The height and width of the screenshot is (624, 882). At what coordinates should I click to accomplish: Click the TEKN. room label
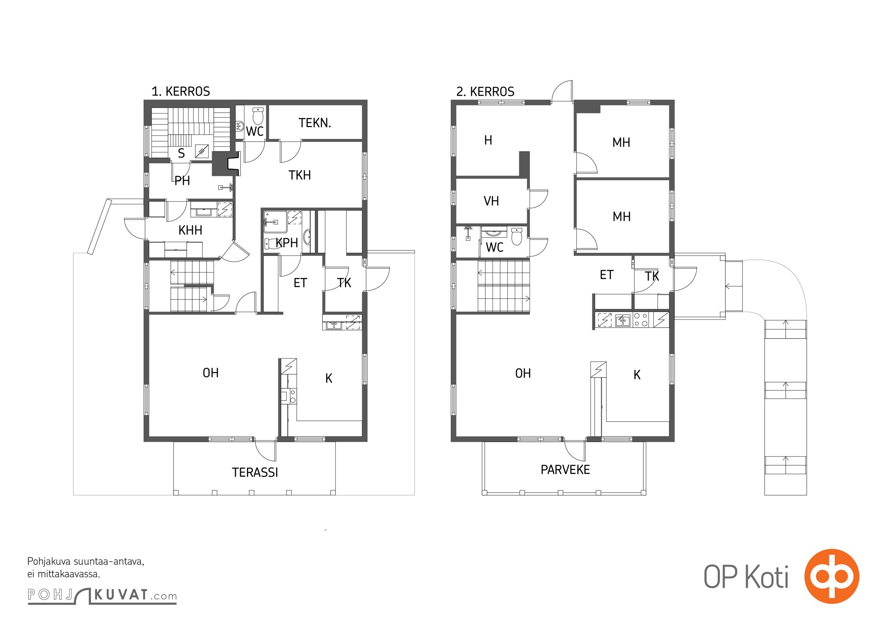[315, 123]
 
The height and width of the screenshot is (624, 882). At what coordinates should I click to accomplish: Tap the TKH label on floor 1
[299, 175]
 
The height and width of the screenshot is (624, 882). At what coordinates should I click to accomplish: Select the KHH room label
[190, 230]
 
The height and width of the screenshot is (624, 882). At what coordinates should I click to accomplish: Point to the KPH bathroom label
[287, 243]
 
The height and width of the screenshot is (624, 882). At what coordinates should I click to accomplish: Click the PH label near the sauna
[182, 181]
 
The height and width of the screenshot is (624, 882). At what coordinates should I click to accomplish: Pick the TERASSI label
[255, 472]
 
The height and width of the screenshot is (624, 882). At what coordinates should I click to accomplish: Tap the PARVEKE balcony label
[565, 470]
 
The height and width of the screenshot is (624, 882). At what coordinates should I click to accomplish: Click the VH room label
[491, 201]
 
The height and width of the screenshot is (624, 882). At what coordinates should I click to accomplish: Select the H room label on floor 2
[488, 140]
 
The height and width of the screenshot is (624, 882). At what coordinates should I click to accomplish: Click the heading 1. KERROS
[181, 91]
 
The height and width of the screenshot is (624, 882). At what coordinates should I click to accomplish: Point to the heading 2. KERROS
[485, 92]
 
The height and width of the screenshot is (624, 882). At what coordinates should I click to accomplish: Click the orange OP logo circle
[832, 576]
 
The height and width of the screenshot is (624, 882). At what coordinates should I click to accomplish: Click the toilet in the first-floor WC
[258, 115]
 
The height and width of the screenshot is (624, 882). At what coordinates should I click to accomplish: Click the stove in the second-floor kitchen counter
[641, 320]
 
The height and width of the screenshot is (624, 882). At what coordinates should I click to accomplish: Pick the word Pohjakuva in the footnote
[49, 562]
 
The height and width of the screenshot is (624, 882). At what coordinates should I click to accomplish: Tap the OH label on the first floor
[211, 373]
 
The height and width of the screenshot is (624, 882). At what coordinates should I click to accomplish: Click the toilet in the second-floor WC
[517, 236]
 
